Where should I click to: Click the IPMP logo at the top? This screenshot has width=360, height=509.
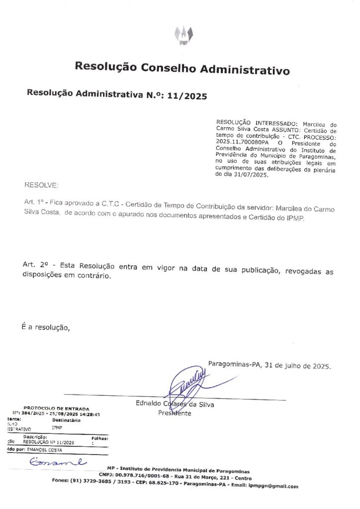click(x=183, y=33)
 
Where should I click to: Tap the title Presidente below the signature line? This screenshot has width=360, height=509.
click(x=175, y=413)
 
